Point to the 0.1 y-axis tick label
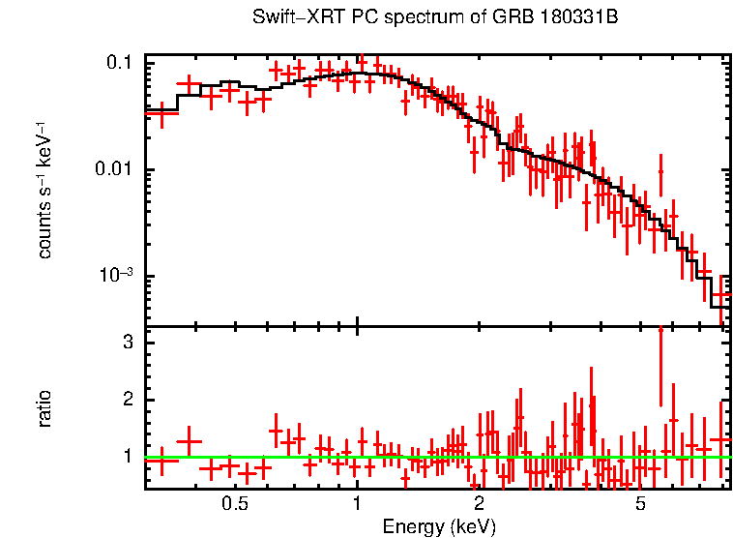coord(121,63)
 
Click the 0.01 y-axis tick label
coord(116,170)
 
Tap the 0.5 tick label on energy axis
coord(235,504)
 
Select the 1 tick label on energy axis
coord(358,504)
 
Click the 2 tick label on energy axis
coord(479,504)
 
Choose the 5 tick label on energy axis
coord(640,504)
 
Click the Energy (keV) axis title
coord(439,527)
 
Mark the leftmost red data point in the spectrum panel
coord(161,113)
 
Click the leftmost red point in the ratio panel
coord(161,461)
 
